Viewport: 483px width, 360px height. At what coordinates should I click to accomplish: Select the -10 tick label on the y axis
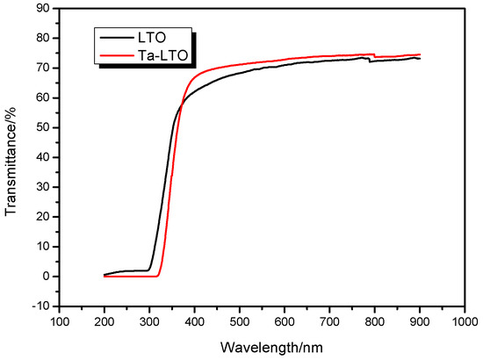pyautogui.click(x=39, y=306)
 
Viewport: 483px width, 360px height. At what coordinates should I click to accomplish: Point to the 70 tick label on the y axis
pyautogui.click(x=40, y=68)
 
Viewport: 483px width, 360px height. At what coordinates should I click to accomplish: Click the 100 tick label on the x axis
pyautogui.click(x=59, y=323)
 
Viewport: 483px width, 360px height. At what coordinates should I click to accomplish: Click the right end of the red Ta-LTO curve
pyautogui.click(x=420, y=54)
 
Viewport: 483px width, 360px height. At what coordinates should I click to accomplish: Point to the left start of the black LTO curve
pyautogui.click(x=105, y=275)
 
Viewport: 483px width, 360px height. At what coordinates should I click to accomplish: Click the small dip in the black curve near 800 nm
pyautogui.click(x=371, y=61)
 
